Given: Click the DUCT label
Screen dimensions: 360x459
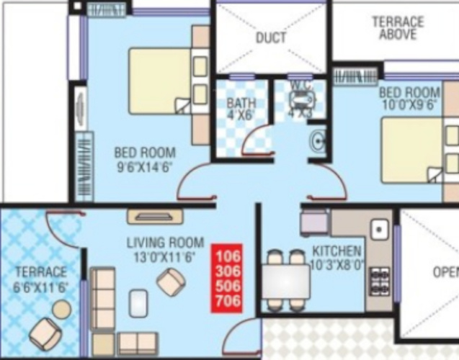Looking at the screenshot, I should tap(271, 37).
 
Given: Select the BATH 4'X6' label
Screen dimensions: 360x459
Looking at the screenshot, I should tap(241, 108).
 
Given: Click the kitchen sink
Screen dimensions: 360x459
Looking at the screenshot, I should tap(379, 230).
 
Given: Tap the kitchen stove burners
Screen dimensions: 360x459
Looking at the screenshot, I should tap(379, 278).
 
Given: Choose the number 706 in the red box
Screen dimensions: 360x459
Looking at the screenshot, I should tap(228, 302).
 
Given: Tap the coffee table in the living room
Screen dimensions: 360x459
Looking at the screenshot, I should tap(138, 303).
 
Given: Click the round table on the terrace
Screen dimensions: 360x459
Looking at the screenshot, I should tap(62, 309).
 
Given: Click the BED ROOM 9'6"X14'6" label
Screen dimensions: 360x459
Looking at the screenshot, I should tap(145, 159).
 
